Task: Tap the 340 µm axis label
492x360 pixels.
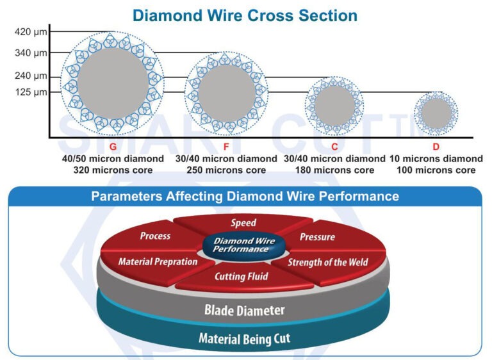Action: [31, 53]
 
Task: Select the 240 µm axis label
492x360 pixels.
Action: [31, 76]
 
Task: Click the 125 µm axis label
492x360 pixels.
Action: [31, 92]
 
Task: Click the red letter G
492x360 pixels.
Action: [113, 147]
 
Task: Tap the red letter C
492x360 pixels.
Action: [334, 147]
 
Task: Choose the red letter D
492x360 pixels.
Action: [436, 147]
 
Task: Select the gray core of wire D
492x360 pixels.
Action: [436, 113]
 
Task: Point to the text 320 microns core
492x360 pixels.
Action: [113, 170]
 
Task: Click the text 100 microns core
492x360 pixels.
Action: [436, 170]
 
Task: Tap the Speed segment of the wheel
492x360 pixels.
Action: [243, 223]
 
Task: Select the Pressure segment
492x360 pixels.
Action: [317, 237]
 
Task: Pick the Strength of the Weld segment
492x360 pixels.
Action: [327, 262]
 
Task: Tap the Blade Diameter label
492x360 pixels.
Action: [245, 310]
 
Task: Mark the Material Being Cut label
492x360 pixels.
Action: [244, 338]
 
